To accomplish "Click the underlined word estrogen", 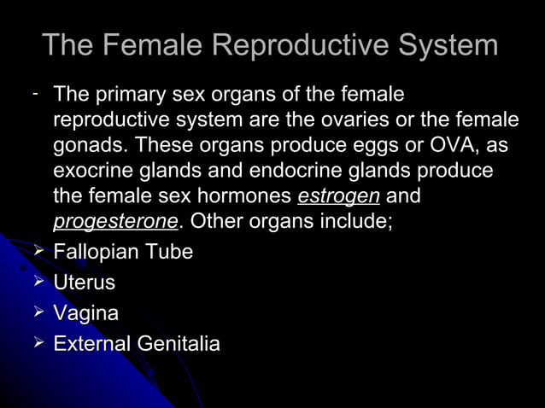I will click(338, 197).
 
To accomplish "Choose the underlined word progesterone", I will click(115, 223).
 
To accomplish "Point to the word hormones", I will click(247, 197).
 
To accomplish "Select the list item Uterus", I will click(84, 283).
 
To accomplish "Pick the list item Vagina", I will click(85, 313).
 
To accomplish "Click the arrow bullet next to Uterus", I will click(37, 282).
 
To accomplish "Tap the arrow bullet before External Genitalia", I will click(37, 343).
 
